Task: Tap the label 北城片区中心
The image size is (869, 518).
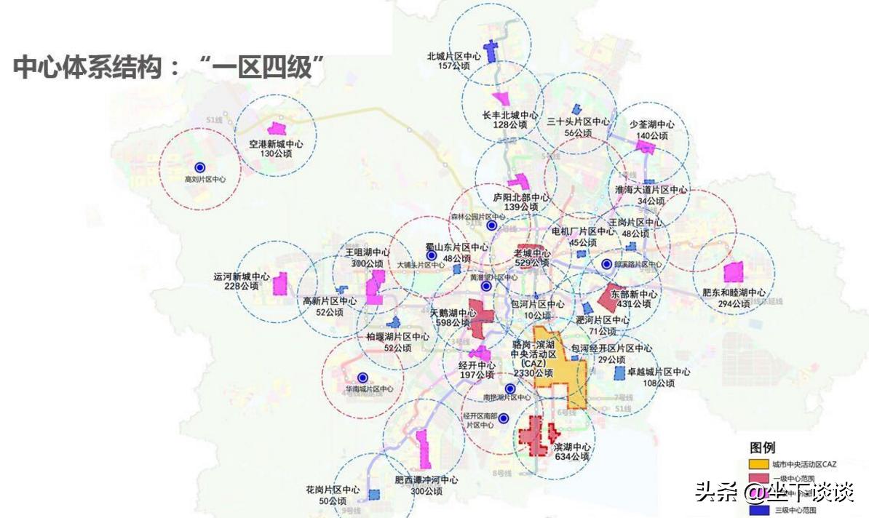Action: [453, 55]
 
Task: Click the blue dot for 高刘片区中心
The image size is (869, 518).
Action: [199, 167]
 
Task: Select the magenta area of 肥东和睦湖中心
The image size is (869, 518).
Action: [732, 272]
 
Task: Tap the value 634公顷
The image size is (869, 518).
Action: [571, 457]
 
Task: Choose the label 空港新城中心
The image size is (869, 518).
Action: [270, 144]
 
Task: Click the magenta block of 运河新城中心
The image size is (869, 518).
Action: [279, 283]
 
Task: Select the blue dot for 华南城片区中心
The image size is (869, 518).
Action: [362, 378]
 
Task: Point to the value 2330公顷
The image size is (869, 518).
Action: [534, 372]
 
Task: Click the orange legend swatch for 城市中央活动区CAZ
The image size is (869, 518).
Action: [758, 464]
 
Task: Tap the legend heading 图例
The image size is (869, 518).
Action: [763, 447]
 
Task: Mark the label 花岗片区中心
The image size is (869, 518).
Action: [333, 490]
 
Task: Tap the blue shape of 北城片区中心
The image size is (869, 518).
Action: [492, 50]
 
